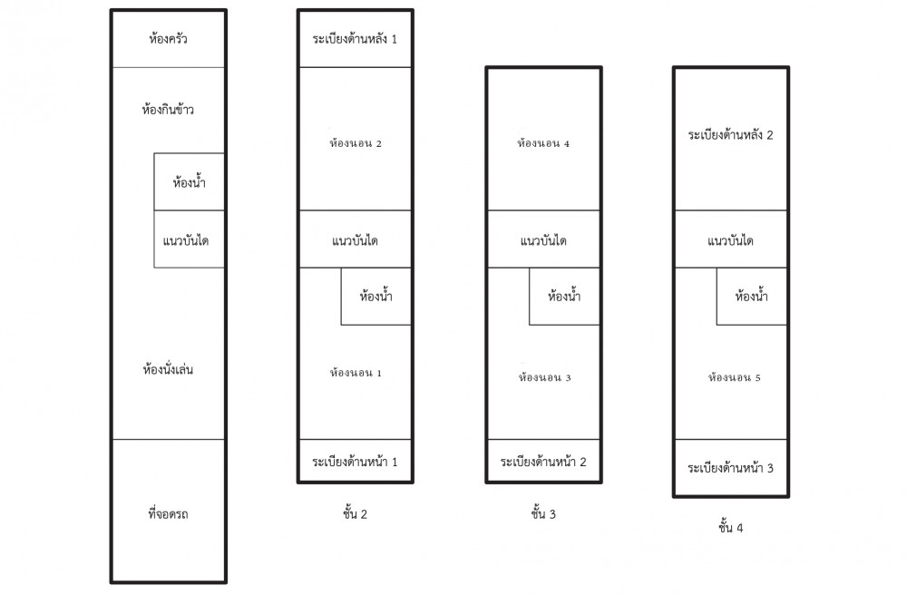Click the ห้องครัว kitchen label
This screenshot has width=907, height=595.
tap(168, 39)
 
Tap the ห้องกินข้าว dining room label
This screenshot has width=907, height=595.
tap(168, 109)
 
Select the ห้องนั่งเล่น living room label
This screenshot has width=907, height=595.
tap(168, 369)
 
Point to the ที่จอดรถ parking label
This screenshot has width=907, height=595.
tap(168, 513)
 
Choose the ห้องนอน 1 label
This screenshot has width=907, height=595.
tap(356, 373)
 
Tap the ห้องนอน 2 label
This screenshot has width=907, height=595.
tap(356, 143)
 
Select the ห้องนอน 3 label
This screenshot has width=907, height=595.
tap(544, 377)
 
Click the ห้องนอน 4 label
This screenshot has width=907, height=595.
tap(543, 143)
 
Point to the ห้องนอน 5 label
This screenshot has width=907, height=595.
tap(734, 377)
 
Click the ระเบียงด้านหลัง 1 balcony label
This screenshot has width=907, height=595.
tap(355, 39)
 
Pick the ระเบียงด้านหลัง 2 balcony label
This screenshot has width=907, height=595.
tap(730, 135)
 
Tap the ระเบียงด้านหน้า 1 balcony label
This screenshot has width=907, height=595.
tap(355, 462)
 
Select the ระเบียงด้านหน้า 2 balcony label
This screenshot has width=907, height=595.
tap(543, 462)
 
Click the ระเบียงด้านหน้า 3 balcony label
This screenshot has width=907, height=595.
tap(730, 468)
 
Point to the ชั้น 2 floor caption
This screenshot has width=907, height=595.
tap(355, 512)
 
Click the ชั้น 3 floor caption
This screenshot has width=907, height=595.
tap(543, 512)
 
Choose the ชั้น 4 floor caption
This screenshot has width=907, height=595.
tap(730, 527)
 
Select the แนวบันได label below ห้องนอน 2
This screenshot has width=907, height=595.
tap(355, 240)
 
